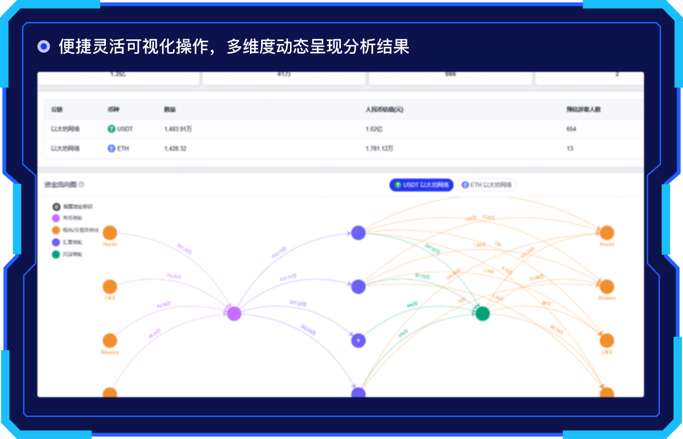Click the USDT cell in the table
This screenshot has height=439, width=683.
[x=120, y=129]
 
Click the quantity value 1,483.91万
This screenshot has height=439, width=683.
[x=178, y=129]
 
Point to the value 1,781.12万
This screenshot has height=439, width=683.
[x=379, y=149]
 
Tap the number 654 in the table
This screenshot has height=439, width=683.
[x=571, y=129]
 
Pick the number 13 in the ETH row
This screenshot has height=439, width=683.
[x=570, y=149]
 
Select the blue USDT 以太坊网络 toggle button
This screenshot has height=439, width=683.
[x=421, y=185]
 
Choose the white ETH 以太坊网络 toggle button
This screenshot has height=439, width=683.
[x=486, y=185]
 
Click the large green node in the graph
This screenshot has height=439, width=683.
[x=482, y=313]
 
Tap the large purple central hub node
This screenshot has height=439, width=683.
[x=234, y=313]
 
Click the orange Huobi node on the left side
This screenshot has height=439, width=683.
[x=110, y=233]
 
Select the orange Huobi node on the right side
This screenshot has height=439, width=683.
[x=607, y=233]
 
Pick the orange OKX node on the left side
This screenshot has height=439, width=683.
[x=110, y=287]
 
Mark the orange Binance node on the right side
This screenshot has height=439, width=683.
[x=607, y=287]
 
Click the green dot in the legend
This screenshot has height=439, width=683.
[x=56, y=254]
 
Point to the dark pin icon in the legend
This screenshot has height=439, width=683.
[x=56, y=206]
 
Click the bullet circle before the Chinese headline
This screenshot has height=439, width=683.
[x=43, y=47]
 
